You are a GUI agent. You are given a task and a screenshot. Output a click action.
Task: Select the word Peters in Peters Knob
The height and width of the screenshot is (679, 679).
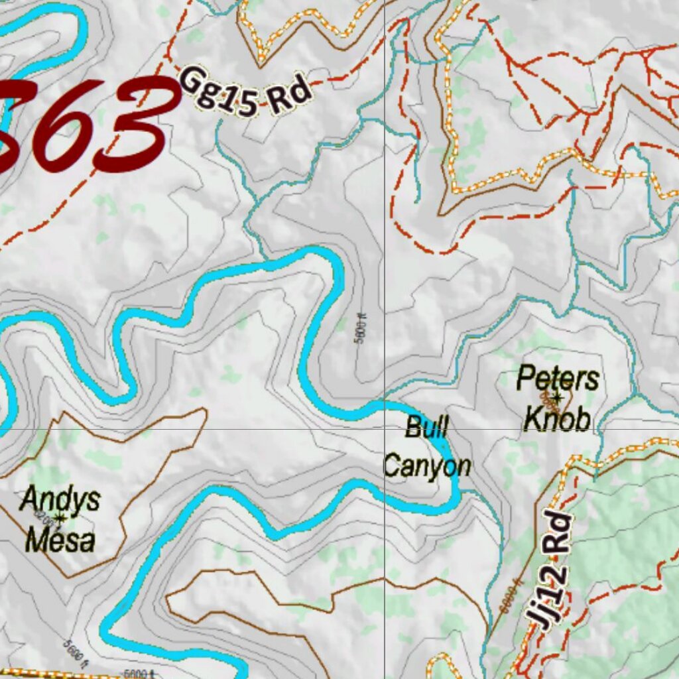(558, 379)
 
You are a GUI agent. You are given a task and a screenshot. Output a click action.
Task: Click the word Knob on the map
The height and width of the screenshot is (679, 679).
(557, 419)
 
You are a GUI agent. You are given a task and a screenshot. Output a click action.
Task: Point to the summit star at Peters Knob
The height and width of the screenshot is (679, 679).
(557, 398)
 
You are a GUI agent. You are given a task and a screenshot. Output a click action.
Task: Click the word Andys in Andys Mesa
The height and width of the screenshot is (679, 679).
(60, 499)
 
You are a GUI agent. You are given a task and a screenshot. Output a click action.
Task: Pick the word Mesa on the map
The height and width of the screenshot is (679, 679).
(60, 540)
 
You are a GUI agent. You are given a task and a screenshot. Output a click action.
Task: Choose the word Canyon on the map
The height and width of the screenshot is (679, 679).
(427, 466)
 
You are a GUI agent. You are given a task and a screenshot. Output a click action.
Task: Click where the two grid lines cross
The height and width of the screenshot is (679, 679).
(385, 428)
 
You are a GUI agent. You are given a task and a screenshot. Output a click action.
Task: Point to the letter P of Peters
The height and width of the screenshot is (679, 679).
(525, 379)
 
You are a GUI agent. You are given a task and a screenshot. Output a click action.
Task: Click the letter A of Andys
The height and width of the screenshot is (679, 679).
(29, 499)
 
